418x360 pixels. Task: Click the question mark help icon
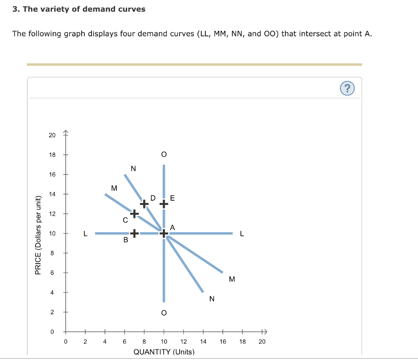coord(347,88)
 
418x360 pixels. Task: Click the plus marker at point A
coord(164,233)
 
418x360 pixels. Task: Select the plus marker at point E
coord(164,203)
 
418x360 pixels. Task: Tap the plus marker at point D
coord(144,203)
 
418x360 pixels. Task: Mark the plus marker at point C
coord(134,213)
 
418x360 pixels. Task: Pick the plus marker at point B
coord(134,233)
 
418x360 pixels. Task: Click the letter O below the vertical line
coord(164,313)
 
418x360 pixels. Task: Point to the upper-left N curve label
coord(133,168)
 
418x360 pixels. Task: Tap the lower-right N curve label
coord(211,299)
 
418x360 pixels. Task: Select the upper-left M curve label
coord(114,188)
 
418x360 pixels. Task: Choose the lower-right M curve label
coord(232,280)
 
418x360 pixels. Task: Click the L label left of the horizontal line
coord(85,234)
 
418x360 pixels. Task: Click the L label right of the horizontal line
coord(242,234)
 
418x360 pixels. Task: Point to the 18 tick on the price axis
coord(52,155)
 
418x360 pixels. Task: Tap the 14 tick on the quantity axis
coord(203,342)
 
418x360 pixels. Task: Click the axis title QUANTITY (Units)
coord(164,352)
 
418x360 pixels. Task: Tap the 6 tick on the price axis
coord(52,273)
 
